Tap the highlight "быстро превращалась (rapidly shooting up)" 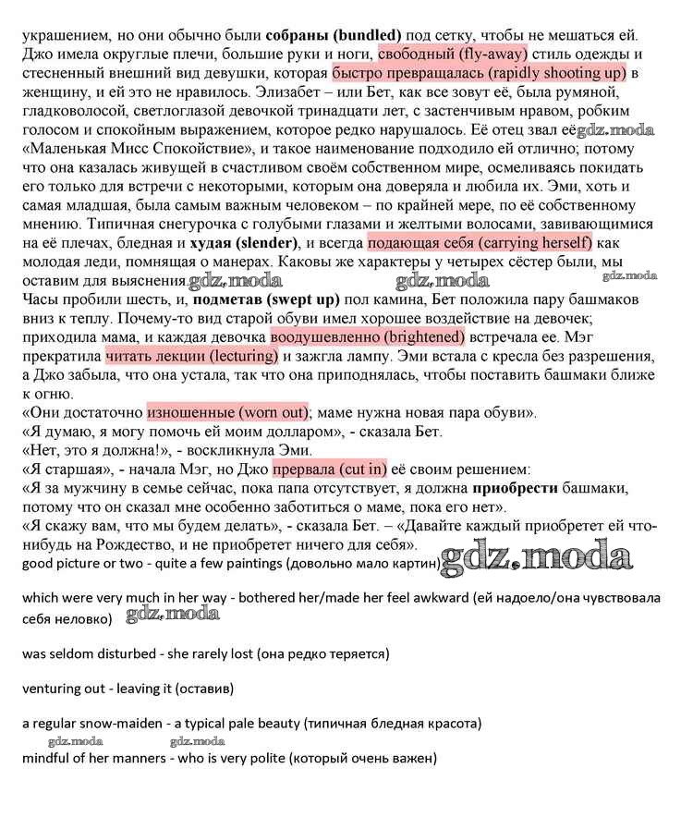tap(479, 71)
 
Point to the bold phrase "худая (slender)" tap(242, 243)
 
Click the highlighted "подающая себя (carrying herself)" tap(479, 243)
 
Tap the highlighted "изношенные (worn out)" tap(227, 411)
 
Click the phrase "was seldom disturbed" tap(90, 653)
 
